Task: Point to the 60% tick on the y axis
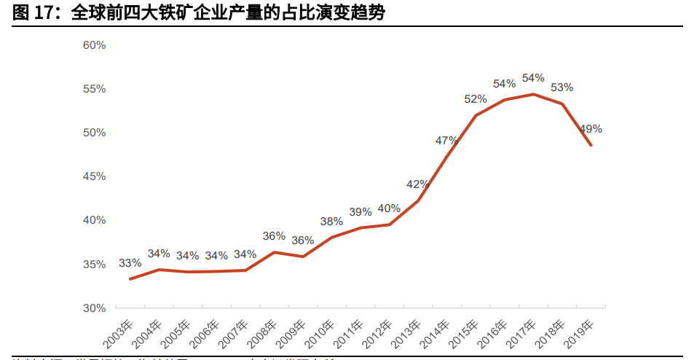pos(94,45)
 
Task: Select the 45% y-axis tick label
pos(94,176)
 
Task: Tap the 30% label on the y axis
pos(94,308)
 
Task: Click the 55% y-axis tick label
pos(94,89)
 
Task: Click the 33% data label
pos(130,263)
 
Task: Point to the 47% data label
pos(446,140)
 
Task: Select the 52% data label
pos(476,99)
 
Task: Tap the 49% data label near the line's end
pos(591,129)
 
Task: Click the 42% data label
pos(418,184)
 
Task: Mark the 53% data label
pos(562,87)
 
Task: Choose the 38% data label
pos(331,222)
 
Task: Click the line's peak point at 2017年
pos(533,94)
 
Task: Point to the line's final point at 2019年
pos(591,145)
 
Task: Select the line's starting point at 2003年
pos(130,279)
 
